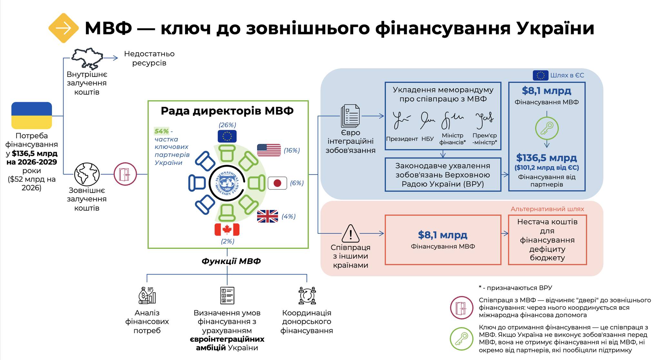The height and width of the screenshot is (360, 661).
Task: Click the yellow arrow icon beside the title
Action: (64, 28)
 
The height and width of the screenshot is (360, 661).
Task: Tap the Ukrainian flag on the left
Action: (32, 115)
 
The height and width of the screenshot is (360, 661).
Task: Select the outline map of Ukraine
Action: (87, 58)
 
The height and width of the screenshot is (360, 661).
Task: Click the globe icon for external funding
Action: (87, 174)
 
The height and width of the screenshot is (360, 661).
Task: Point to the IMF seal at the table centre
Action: (227, 183)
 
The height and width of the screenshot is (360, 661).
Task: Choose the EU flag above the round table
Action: (227, 136)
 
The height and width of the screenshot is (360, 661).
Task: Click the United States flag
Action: (269, 150)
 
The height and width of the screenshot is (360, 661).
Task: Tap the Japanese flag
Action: (277, 183)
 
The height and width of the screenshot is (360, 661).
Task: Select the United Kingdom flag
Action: (268, 216)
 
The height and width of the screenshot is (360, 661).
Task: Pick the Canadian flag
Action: (227, 229)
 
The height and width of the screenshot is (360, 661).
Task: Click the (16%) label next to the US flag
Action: (292, 150)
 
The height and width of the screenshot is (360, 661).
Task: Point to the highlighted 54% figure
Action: (161, 131)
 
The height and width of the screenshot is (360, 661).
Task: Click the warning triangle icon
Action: (351, 233)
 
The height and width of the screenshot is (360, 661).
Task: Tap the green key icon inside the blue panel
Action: (547, 128)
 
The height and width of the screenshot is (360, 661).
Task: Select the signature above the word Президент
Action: (401, 120)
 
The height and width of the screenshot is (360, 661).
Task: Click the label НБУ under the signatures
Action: (428, 139)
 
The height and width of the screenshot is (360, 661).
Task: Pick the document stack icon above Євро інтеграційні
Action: (351, 116)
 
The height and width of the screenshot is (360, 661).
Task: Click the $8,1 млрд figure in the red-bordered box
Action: (442, 235)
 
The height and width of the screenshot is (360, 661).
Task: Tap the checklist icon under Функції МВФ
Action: (227, 295)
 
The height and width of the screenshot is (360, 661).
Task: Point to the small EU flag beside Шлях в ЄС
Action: (540, 75)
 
